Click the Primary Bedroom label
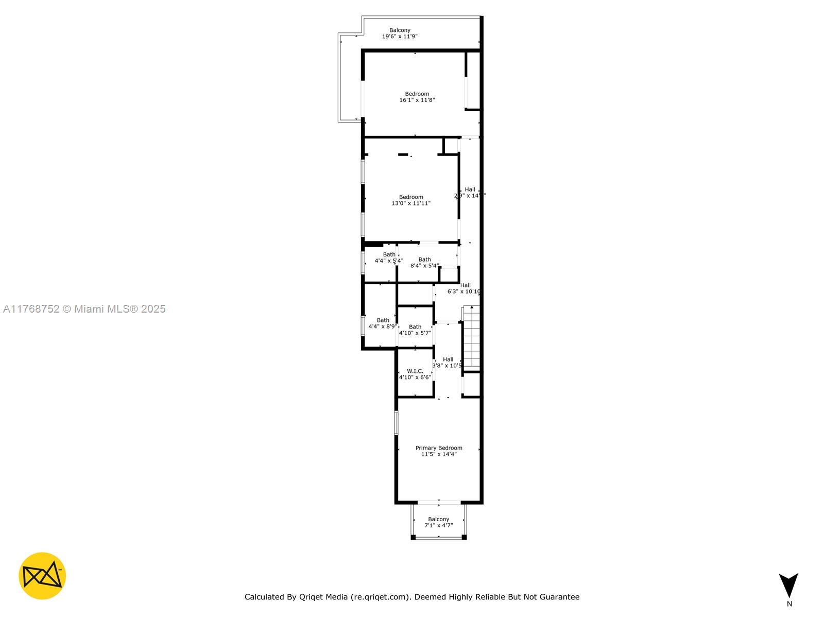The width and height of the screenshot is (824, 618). [439, 448]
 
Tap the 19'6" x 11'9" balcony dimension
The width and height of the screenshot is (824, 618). [400, 37]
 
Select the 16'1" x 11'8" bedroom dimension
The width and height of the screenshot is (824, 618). [417, 100]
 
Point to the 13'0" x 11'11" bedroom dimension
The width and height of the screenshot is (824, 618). [411, 203]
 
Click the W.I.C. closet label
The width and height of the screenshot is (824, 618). [415, 371]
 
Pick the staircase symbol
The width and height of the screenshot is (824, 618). [472, 337]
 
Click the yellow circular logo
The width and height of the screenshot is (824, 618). [42, 576]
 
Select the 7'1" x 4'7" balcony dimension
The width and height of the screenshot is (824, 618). [438, 526]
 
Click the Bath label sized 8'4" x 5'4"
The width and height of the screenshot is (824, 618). [424, 260]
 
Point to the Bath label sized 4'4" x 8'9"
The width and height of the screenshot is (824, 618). [383, 320]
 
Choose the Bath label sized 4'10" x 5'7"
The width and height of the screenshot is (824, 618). [415, 327]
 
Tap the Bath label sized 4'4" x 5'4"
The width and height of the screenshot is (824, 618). [389, 254]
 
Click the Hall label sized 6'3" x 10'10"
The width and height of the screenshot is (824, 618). [466, 285]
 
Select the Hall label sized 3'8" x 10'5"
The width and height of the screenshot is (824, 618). [448, 359]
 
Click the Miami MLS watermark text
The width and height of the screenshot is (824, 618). [84, 309]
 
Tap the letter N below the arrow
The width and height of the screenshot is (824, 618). [789, 604]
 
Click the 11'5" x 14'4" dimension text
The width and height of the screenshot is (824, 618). [439, 454]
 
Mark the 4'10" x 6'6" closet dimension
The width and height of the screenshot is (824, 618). [415, 377]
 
